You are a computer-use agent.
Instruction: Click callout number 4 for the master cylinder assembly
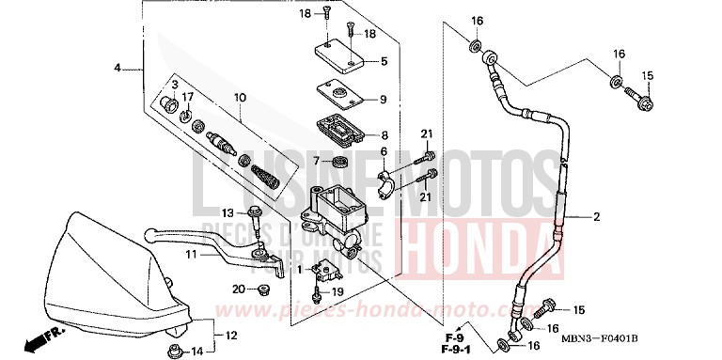pos(118,68)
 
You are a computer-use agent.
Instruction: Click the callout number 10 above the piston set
pos(240,97)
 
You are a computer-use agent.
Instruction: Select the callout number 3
pos(175,86)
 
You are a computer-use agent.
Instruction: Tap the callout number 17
pos(188,96)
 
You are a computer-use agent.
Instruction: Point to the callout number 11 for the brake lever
pos(191,255)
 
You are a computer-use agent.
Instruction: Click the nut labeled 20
pos(266,289)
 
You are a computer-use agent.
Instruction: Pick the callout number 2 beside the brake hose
pos(596,218)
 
